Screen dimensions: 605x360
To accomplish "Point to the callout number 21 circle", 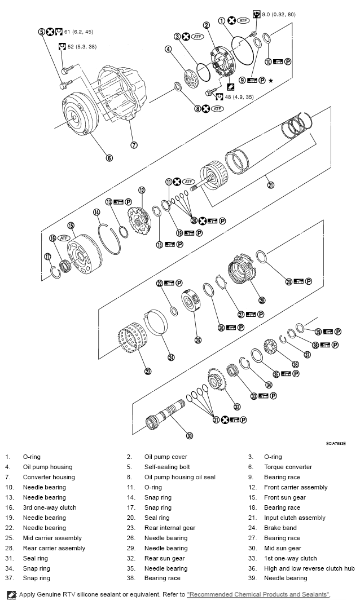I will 270,184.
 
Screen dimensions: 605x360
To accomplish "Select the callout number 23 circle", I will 148,371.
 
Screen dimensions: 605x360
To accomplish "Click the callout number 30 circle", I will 190,435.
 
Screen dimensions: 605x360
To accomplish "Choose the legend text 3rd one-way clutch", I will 50,507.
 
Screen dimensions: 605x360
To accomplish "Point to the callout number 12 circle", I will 142,190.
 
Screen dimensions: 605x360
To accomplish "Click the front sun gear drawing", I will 85,251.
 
